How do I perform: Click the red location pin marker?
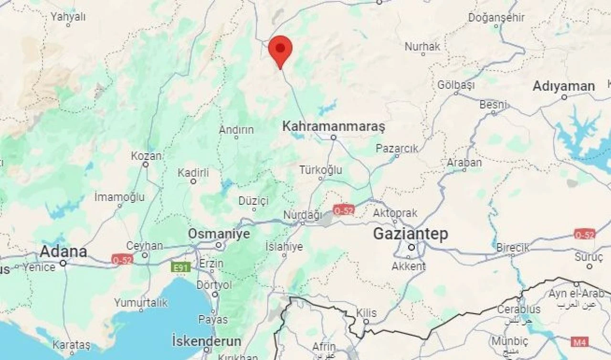[x=280, y=49]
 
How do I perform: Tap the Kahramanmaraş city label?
[x=333, y=127]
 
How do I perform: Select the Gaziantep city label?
[x=410, y=234]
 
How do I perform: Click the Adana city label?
[x=63, y=252]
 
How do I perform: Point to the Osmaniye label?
[x=219, y=234]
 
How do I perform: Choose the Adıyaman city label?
[x=563, y=86]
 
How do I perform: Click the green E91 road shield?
[x=181, y=267]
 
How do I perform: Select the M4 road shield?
[x=579, y=342]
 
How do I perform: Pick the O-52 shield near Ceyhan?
[x=122, y=260]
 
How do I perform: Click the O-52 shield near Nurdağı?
[x=344, y=210]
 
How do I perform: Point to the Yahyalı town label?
[x=68, y=17]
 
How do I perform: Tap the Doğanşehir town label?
[x=496, y=18]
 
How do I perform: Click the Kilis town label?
[x=367, y=313]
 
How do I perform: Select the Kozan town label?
[x=146, y=156]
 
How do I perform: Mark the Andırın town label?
[x=236, y=130]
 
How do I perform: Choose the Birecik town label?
[x=513, y=248]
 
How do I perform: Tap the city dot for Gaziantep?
[x=411, y=247]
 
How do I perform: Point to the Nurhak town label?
[x=422, y=47]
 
